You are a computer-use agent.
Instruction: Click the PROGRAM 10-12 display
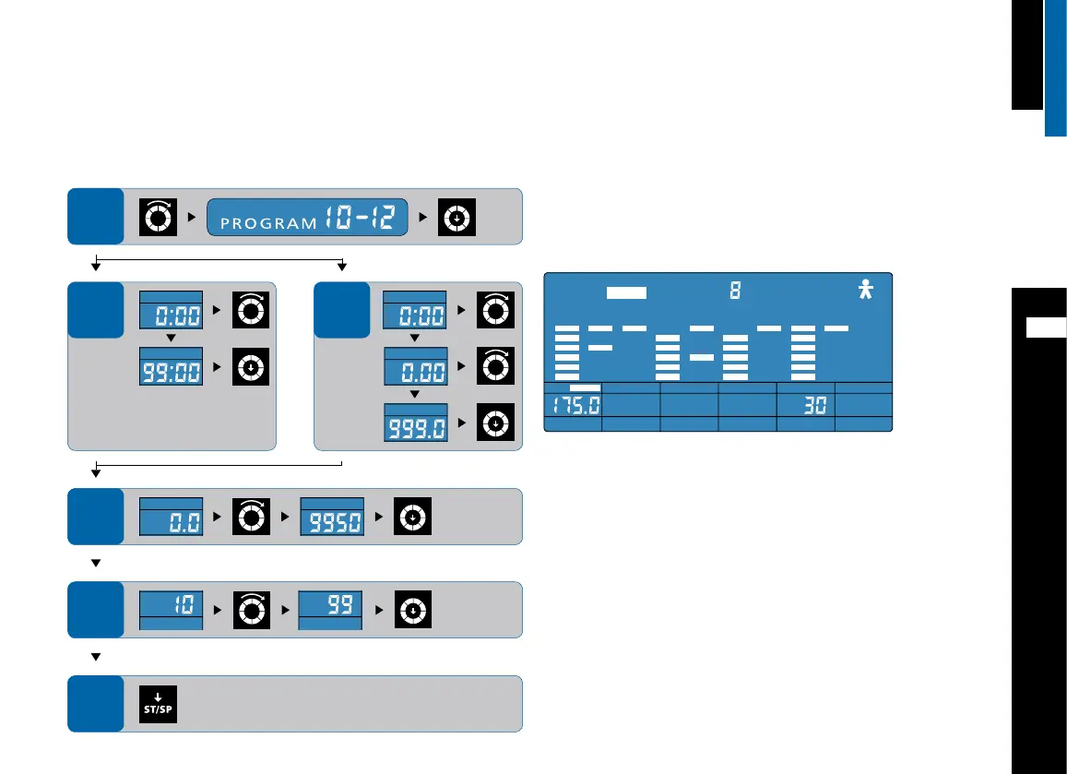pyautogui.click(x=307, y=218)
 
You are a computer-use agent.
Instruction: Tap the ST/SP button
pyautogui.click(x=158, y=704)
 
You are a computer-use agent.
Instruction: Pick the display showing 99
pyautogui.click(x=330, y=608)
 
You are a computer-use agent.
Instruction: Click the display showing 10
pyautogui.click(x=170, y=608)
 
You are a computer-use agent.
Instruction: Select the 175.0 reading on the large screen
pyautogui.click(x=573, y=406)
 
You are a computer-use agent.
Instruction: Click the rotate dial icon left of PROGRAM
pyautogui.click(x=158, y=218)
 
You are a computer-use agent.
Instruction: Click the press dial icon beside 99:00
pyautogui.click(x=251, y=366)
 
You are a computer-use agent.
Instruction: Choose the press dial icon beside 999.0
pyautogui.click(x=495, y=423)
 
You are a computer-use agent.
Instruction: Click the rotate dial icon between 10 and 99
pyautogui.click(x=251, y=610)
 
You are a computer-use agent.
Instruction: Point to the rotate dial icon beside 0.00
pyautogui.click(x=495, y=366)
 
